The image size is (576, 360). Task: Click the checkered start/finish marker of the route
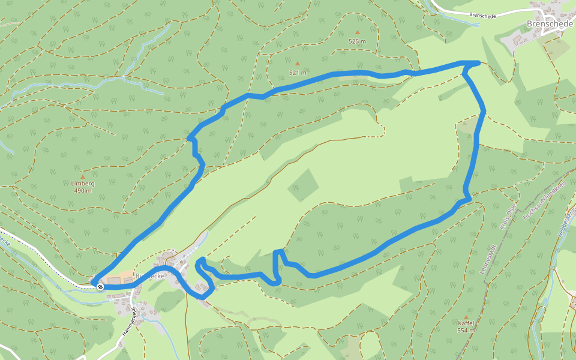click(100, 287)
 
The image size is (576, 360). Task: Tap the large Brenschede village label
click(550, 24)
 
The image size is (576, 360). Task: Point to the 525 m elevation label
click(357, 41)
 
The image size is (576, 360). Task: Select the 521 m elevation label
click(298, 73)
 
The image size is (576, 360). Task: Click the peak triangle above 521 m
click(297, 62)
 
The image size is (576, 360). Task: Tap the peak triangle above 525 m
click(358, 32)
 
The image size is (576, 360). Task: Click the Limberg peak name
click(83, 184)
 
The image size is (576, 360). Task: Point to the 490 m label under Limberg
click(83, 191)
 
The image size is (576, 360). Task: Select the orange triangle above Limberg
click(82, 176)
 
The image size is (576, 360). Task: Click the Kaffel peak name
click(466, 323)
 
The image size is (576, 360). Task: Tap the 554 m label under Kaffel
click(466, 331)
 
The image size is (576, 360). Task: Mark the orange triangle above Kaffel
click(466, 316)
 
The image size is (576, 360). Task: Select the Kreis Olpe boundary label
click(508, 217)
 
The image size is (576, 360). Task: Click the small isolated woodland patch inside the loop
click(303, 185)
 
